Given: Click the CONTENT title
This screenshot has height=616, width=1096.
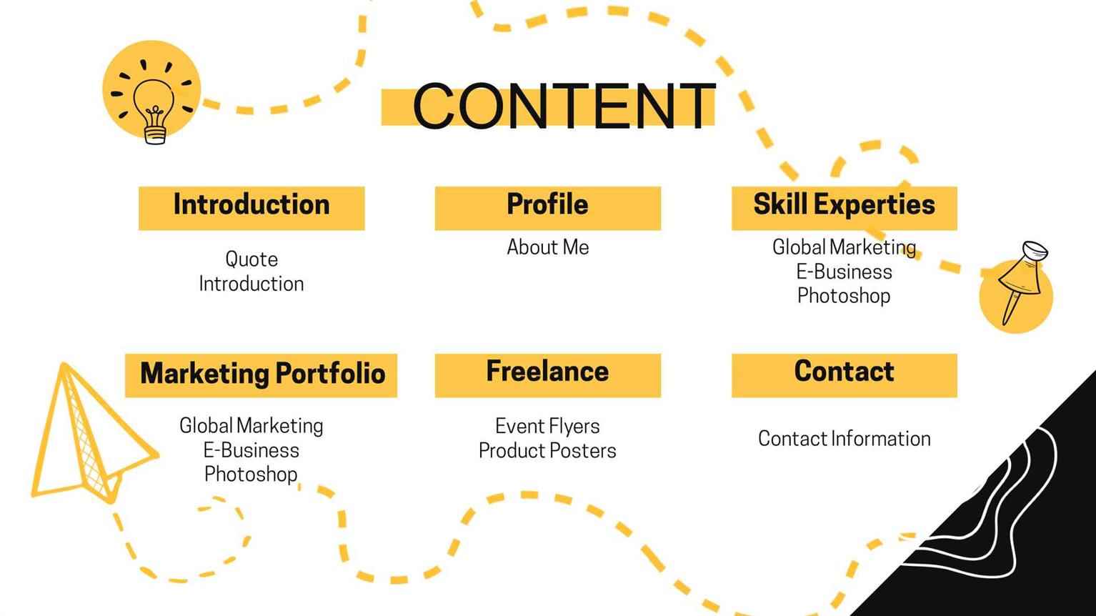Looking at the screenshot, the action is click(564, 106).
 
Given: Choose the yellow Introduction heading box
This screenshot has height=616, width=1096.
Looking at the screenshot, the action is click(251, 208).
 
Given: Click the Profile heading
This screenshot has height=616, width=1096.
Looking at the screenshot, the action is click(547, 204).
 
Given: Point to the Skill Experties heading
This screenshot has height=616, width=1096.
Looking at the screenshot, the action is click(844, 204).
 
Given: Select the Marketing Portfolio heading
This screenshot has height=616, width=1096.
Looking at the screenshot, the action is click(263, 373).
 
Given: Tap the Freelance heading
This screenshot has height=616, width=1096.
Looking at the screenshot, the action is click(547, 371).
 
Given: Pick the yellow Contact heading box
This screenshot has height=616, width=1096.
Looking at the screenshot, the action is click(844, 375).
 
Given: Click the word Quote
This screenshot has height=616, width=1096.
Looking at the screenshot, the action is click(251, 259).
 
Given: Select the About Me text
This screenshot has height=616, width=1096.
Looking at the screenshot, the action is click(547, 247).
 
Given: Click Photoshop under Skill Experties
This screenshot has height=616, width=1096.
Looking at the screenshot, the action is click(844, 296).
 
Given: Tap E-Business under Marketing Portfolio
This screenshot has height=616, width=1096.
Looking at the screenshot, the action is click(251, 450).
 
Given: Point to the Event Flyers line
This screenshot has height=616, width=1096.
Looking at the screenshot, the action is click(547, 426).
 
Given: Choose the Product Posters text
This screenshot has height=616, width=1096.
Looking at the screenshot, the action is click(547, 451).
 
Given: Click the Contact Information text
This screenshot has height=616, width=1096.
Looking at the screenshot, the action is click(844, 438).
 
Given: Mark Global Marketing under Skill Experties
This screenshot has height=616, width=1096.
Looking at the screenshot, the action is click(844, 247).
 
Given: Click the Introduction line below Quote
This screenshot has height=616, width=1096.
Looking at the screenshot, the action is click(251, 284).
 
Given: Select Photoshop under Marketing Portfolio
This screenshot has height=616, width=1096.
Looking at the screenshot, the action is click(251, 474).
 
